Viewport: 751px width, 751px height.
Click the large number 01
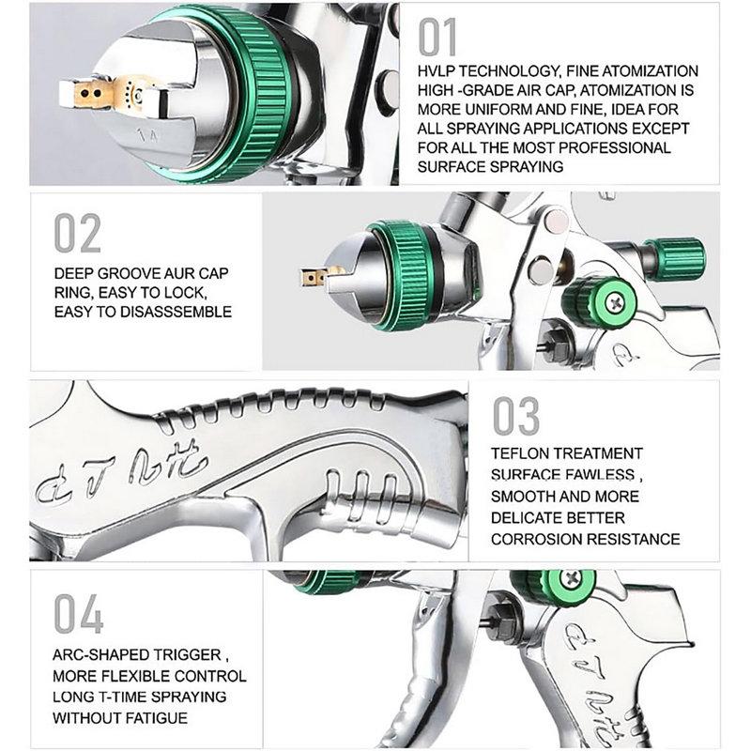(x=437, y=37)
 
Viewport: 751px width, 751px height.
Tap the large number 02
(x=77, y=234)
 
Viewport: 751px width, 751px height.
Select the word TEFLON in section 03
(x=523, y=453)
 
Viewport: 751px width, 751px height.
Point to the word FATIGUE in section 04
(x=159, y=718)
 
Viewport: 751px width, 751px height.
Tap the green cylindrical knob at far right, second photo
(x=674, y=255)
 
